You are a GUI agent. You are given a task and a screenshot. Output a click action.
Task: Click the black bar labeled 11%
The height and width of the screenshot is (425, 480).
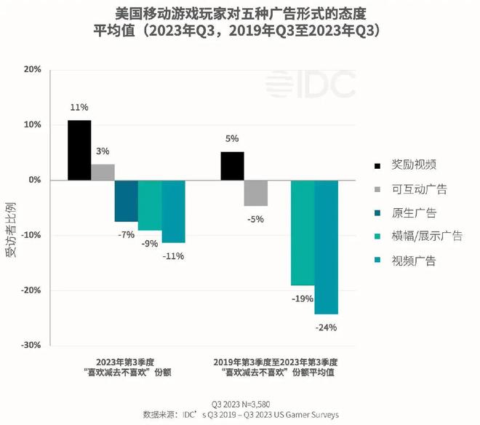pyautogui.click(x=79, y=150)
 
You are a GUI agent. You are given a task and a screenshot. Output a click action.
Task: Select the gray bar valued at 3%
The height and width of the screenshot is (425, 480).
pyautogui.click(x=103, y=172)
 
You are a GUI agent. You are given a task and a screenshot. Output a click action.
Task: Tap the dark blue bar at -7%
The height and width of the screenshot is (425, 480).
pyautogui.click(x=126, y=201)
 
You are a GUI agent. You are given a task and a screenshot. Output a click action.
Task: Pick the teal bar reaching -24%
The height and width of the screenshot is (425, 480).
pyautogui.click(x=326, y=247)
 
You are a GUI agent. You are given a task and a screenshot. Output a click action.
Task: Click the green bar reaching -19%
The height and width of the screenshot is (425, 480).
pyautogui.click(x=303, y=233)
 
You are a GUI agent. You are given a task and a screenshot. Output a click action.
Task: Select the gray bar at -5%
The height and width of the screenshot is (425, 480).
pyautogui.click(x=256, y=193)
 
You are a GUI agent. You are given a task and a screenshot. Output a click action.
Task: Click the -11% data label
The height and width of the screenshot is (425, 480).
pyautogui.click(x=174, y=255)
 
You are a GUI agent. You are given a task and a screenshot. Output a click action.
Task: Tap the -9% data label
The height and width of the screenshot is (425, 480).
pyautogui.click(x=150, y=244)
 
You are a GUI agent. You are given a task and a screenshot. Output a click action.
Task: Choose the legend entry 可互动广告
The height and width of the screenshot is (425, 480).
pyautogui.click(x=417, y=189)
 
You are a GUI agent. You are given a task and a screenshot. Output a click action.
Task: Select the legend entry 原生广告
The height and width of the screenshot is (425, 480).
pyautogui.click(x=412, y=212)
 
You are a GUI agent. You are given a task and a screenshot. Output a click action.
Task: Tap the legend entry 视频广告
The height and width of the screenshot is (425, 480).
pyautogui.click(x=412, y=260)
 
